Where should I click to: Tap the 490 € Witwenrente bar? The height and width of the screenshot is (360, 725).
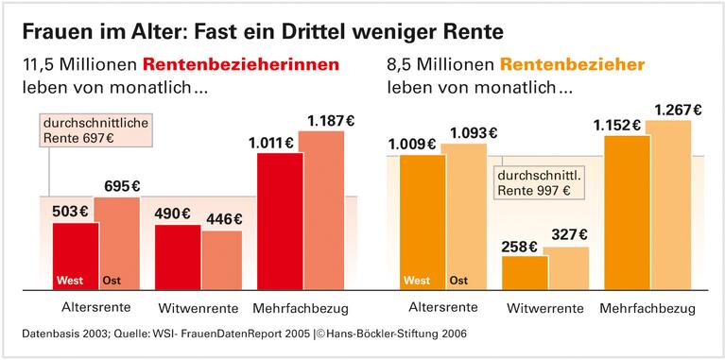pos(178,256)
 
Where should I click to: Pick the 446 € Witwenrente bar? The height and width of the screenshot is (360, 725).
pos(222,259)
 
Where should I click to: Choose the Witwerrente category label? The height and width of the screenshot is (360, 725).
pos(544,309)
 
